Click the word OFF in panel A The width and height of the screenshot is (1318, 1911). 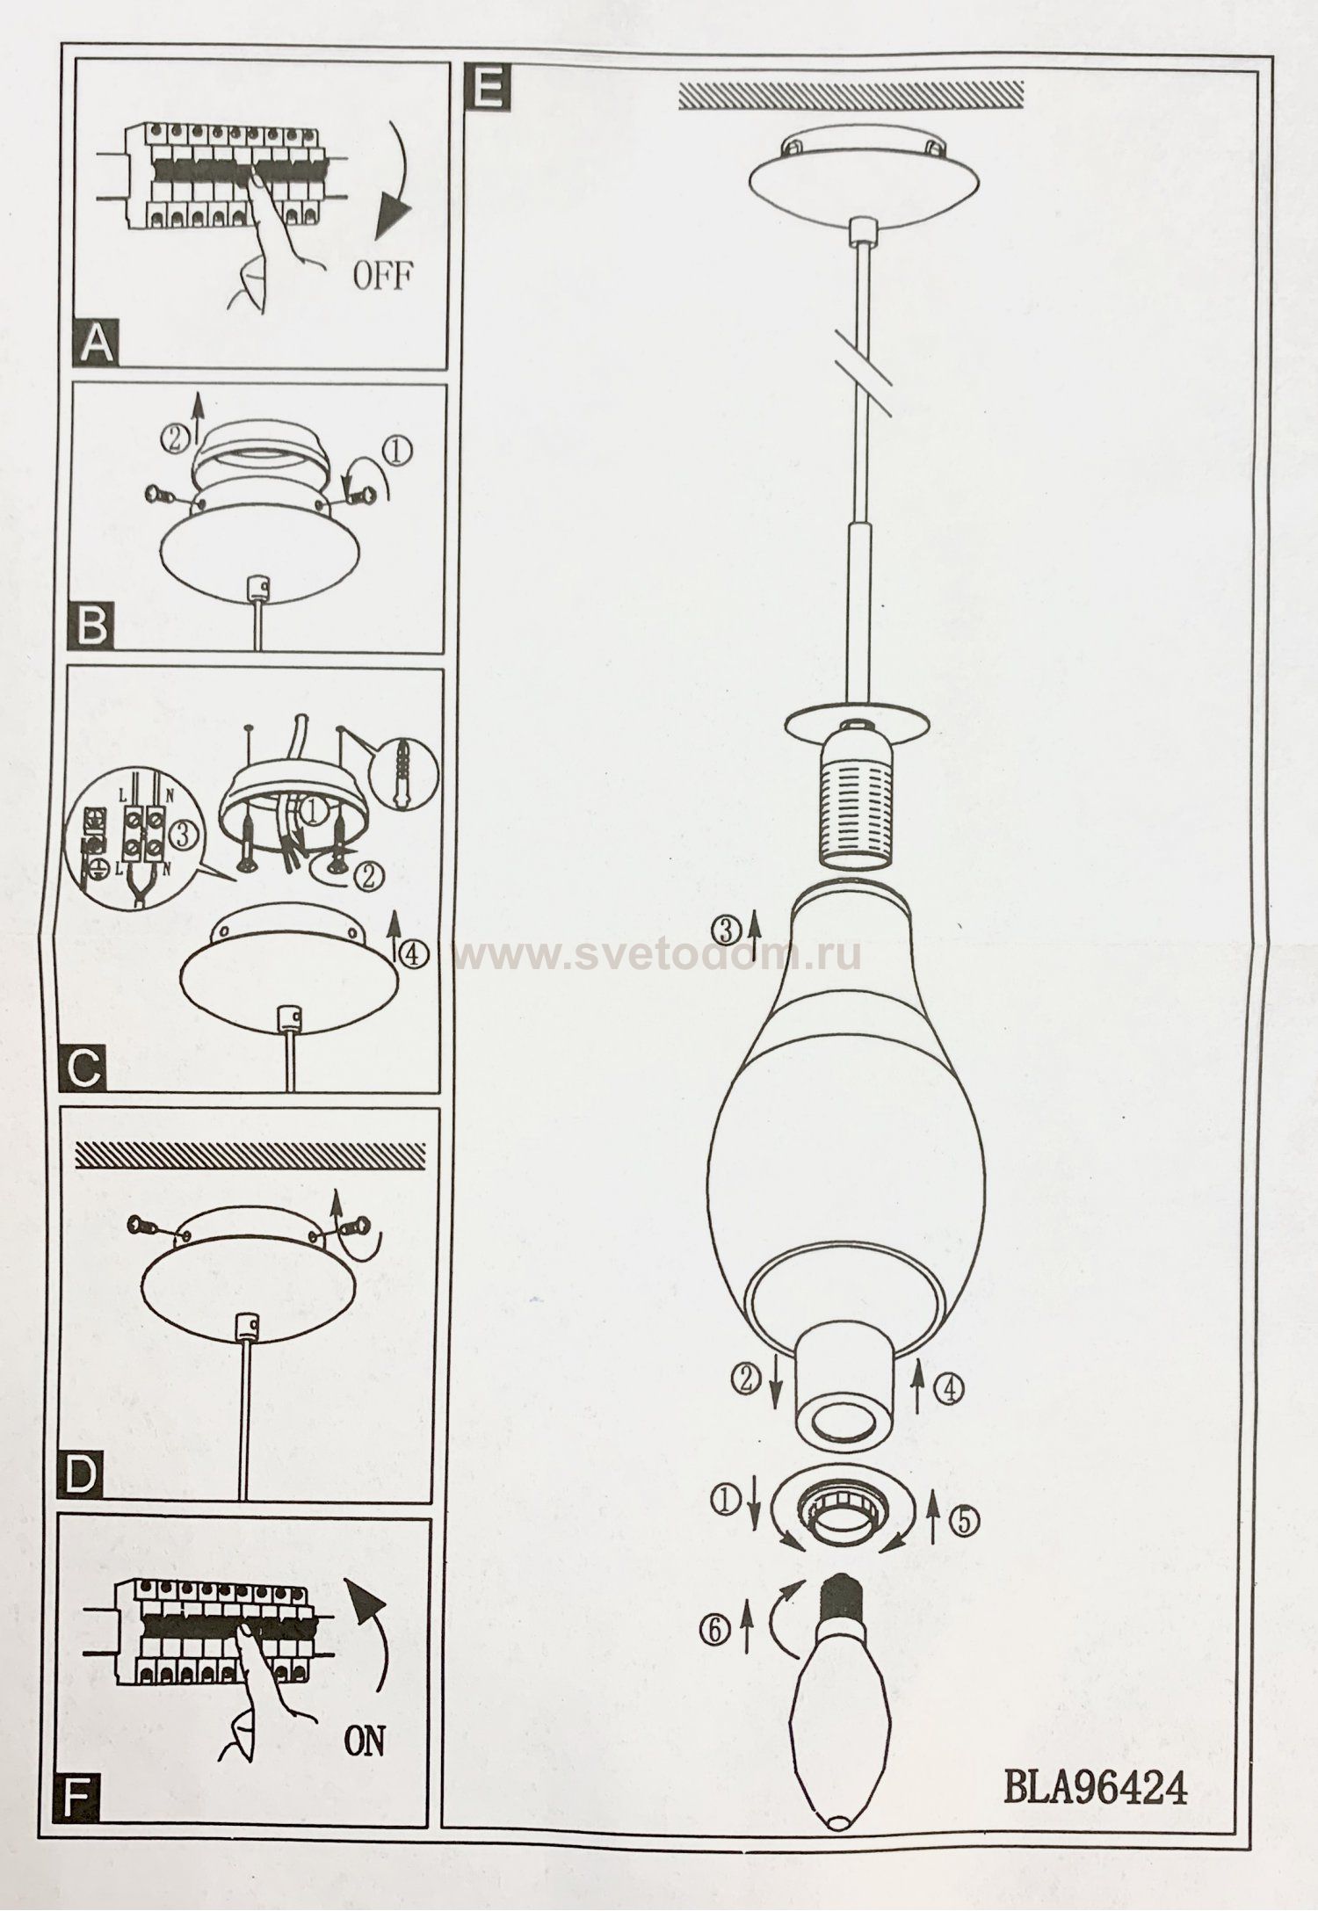tap(382, 278)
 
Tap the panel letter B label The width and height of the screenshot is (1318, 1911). tap(92, 626)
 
